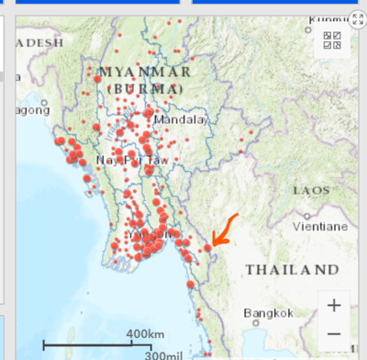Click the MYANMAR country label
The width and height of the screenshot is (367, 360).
[145, 72]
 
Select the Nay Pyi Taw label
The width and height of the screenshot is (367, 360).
[133, 160]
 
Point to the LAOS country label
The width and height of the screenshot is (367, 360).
[310, 190]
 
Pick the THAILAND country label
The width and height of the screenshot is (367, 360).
[292, 270]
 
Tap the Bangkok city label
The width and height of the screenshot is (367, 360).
[268, 313]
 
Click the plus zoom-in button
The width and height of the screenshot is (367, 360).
[334, 305]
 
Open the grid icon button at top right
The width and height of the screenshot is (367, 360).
[332, 40]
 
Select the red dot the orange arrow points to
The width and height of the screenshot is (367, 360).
[208, 247]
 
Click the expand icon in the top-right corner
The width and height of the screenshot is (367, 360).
[357, 19]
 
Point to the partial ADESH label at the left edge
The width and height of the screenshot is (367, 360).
[40, 42]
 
